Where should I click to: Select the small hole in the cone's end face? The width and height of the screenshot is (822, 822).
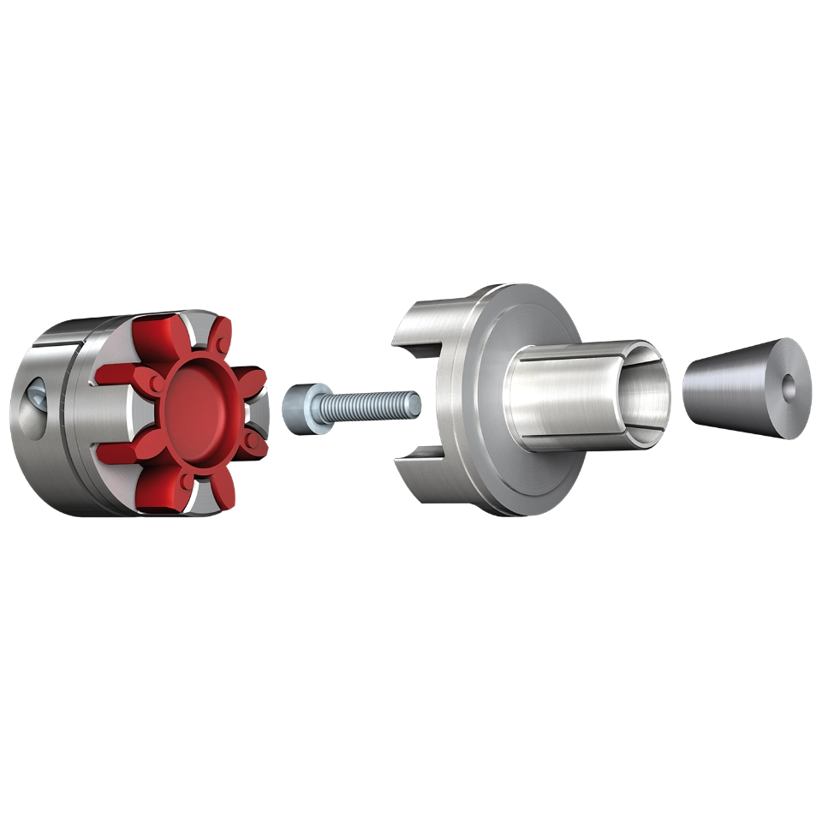[x=789, y=387]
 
